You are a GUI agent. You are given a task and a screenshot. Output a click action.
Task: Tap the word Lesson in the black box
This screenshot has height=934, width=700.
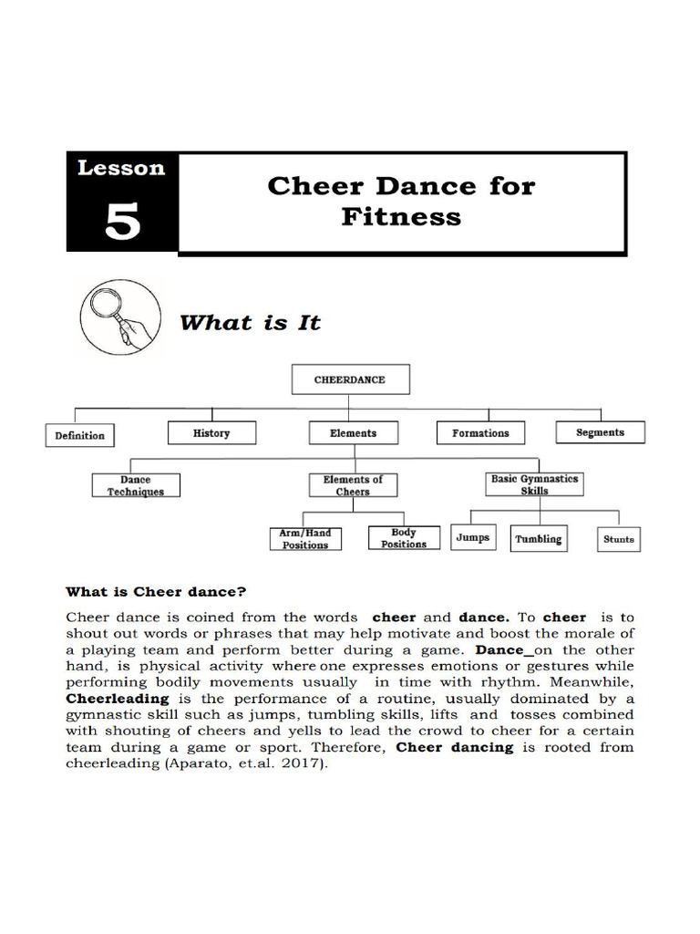[121, 168]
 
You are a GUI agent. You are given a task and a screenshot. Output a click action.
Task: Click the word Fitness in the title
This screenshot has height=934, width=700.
[401, 217]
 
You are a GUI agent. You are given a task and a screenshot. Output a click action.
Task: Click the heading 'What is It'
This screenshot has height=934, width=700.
[250, 322]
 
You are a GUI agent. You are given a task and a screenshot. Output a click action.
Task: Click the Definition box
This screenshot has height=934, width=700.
[80, 435]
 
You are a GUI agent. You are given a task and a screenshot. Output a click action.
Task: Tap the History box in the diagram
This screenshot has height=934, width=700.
[211, 433]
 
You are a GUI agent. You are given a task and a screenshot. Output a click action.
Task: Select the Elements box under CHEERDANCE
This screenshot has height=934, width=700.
[353, 433]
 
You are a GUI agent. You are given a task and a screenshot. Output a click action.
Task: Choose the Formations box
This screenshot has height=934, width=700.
[480, 433]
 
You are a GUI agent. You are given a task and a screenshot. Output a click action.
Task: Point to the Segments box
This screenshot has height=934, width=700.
[600, 432]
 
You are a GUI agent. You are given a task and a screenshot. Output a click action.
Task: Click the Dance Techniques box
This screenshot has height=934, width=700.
[136, 485]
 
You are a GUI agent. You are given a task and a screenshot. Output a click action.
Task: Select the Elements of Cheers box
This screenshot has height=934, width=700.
[353, 485]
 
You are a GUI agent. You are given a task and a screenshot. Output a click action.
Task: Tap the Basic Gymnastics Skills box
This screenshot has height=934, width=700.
[534, 483]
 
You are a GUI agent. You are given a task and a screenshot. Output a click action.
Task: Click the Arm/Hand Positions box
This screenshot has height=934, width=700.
[304, 538]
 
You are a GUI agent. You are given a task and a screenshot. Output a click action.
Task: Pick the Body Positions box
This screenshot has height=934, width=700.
[404, 538]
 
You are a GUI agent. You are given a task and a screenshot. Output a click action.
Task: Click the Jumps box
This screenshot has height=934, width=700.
[472, 537]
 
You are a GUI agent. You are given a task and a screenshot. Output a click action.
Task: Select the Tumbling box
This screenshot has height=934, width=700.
[538, 538]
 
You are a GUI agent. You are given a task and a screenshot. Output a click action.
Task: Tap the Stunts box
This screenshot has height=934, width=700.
[618, 539]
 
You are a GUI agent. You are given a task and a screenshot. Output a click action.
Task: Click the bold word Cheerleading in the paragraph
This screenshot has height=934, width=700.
[118, 699]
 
